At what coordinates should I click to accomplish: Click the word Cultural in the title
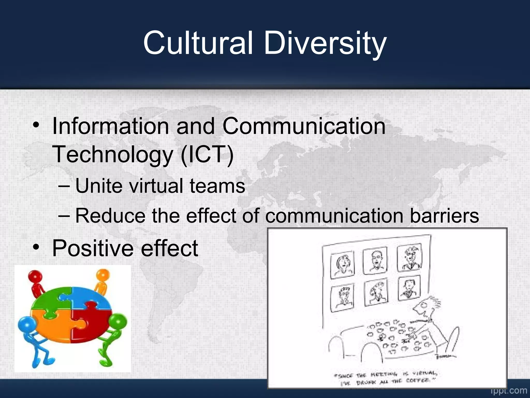point(198,43)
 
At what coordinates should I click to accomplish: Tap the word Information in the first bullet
point(111,126)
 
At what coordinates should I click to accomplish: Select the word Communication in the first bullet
point(304,126)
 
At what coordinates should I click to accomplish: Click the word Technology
point(113,155)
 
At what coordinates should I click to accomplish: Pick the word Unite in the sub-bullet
point(99,186)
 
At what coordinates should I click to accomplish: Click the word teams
point(217,186)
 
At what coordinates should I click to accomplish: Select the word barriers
point(444,216)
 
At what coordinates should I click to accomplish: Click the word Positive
point(93,248)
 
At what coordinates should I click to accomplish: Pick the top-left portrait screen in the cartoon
point(342,265)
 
